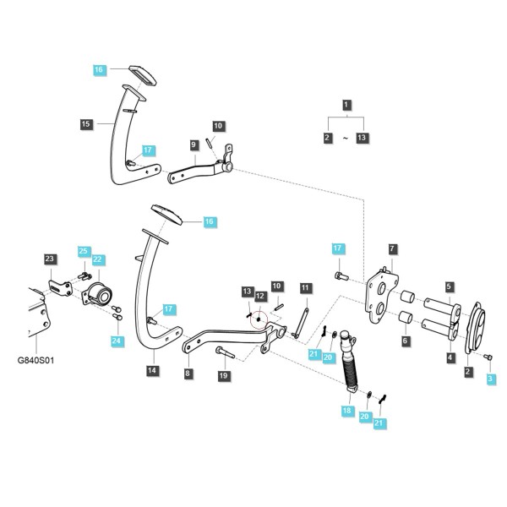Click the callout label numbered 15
(86, 124)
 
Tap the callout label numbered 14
(152, 370)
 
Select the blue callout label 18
(346, 411)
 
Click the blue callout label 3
(490, 379)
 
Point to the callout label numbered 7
(392, 249)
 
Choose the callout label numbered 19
(223, 376)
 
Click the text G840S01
(35, 361)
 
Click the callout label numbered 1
(346, 105)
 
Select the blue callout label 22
(97, 259)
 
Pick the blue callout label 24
(117, 341)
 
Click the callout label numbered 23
(50, 259)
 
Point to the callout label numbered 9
(194, 144)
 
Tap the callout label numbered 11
(305, 288)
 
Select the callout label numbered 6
(405, 341)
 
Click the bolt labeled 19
(225, 352)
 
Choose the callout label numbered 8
(188, 373)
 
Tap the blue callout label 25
(83, 251)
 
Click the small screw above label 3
(488, 357)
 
